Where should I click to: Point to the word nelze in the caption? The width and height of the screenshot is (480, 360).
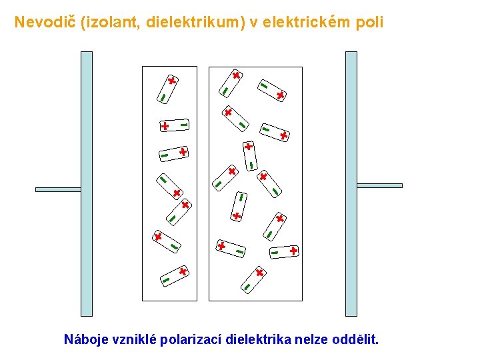pos(310,339)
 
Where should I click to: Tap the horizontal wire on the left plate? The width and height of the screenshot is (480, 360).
pos(58,189)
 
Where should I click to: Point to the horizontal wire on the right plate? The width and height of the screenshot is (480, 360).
pos(380,185)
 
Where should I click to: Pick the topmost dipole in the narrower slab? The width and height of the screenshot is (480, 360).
pos(167,89)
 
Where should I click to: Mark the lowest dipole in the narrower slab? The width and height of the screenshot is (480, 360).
pos(173,275)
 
